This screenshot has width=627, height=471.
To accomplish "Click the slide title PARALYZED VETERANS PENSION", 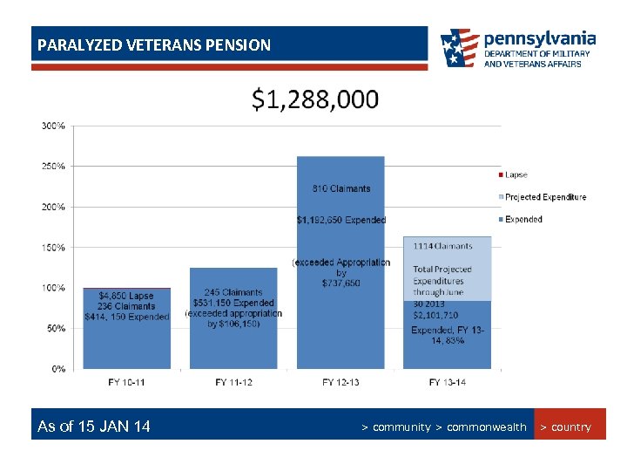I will point(152,44).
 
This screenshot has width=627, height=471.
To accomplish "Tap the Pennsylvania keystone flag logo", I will point(459,49).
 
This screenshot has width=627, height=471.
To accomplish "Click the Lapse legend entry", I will point(516,175).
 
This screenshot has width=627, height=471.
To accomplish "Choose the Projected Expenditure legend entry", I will point(545,197).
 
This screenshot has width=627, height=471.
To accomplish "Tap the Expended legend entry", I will point(522,220).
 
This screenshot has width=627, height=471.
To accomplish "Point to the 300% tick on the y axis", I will point(53,126).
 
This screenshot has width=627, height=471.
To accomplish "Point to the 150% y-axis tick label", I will point(53,248).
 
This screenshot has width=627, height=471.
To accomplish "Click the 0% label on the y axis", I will point(57,369).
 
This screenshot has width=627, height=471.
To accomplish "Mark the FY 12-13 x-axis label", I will point(340,383).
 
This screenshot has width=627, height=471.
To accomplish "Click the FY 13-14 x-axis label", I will point(448,383).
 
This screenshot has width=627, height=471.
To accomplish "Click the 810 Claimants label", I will point(340,188).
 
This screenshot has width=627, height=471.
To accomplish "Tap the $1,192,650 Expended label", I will point(340,220).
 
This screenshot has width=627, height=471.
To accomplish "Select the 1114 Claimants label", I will point(442,247).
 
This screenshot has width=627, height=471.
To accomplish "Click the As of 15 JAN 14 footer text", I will point(94,427).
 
